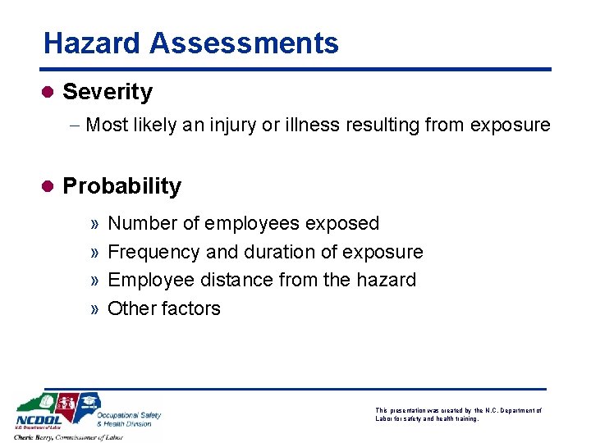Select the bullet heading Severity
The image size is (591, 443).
click(x=107, y=92)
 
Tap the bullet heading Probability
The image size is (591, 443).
click(x=121, y=186)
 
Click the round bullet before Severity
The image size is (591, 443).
click(x=48, y=92)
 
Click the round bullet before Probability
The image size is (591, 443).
click(x=48, y=186)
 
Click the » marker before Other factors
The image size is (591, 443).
click(x=95, y=309)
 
